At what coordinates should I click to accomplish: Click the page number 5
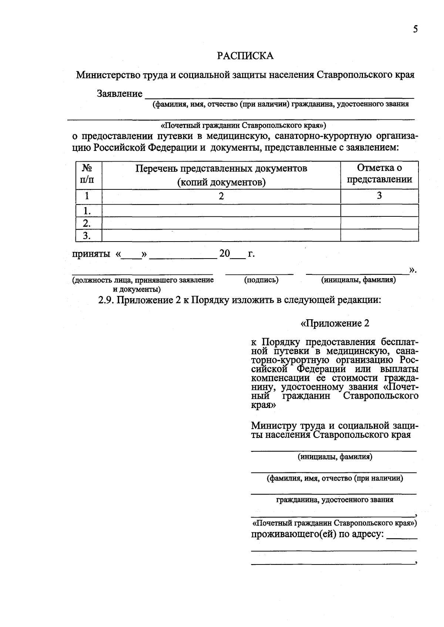[x=415, y=30]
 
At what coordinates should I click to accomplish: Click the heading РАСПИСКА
[x=245, y=55]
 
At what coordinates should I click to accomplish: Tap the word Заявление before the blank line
[x=120, y=94]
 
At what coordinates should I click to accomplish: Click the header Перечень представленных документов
[x=221, y=175]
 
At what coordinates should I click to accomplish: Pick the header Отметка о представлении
[x=379, y=173]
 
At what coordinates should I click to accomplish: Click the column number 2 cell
[x=221, y=196]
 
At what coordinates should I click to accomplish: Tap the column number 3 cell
[x=379, y=196]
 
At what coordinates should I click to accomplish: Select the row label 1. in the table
[x=87, y=211]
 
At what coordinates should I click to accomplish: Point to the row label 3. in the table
[x=87, y=235]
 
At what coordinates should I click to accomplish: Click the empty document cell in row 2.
[x=221, y=223]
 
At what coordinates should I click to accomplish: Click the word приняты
[x=91, y=254]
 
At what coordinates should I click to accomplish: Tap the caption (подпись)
[x=261, y=280]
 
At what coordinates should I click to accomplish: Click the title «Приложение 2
[x=335, y=323]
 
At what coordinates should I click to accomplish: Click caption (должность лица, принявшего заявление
[x=143, y=280]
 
